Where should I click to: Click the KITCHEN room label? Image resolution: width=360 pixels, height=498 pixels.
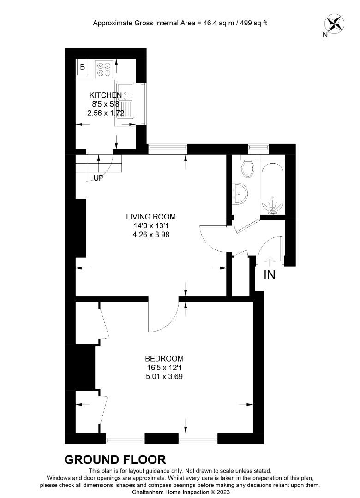pos(106,95)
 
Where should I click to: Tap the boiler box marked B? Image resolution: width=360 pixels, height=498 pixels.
pos(83,67)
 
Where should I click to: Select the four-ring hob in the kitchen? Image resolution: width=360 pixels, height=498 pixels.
pos(103,69)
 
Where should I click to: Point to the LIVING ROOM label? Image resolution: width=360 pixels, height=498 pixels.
pos(151,217)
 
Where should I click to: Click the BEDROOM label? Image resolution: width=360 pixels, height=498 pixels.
pos(164,359)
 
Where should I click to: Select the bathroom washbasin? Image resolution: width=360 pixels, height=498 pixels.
pos(240,192)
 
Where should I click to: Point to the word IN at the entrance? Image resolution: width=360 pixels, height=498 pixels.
pos(269,275)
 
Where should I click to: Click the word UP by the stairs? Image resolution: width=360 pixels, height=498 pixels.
pos(98,178)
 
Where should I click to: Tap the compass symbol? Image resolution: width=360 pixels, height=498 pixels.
pos(335,24)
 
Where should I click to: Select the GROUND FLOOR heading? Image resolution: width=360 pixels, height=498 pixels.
pos(115,460)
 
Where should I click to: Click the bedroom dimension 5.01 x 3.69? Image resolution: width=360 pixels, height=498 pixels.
pos(164,376)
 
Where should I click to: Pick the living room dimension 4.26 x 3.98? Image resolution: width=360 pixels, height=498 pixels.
pos(151,234)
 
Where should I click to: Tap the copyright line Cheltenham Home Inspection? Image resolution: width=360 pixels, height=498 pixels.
pos(180,492)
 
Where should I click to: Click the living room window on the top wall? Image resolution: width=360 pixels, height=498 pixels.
pos(168,148)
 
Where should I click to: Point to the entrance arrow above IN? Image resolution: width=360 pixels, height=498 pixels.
pos(270,261)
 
